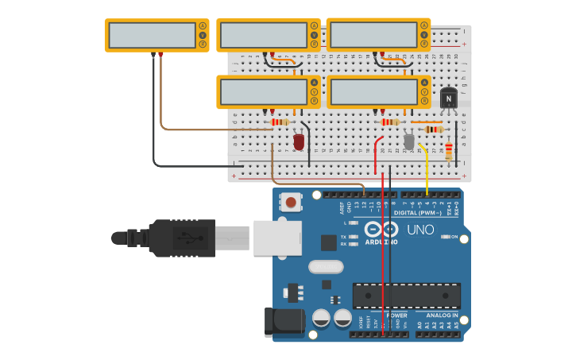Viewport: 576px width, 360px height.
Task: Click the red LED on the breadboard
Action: point(299,141)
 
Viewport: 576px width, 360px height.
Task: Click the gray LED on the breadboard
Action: point(409,141)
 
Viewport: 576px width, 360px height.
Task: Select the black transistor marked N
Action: point(449,99)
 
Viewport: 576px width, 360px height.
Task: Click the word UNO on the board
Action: point(420,230)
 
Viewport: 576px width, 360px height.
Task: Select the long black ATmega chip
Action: point(407,295)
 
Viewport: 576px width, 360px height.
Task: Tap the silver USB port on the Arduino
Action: point(277,238)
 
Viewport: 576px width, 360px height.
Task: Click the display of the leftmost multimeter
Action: point(152,35)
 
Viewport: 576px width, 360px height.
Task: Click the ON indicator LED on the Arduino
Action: point(446,237)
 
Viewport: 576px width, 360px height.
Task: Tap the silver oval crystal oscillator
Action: point(326,266)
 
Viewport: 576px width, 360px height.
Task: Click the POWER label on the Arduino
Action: point(396,315)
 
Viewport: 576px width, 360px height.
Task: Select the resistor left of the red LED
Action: point(280,122)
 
